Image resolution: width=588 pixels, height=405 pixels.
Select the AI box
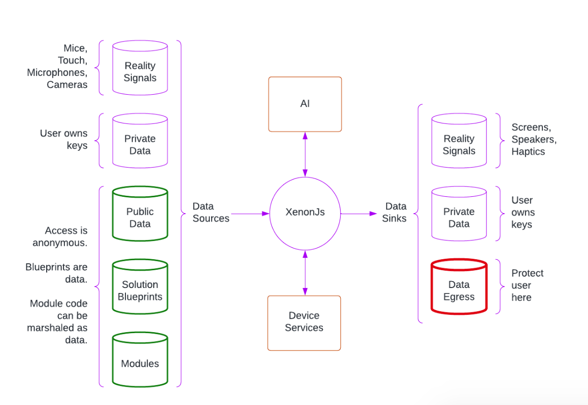305,104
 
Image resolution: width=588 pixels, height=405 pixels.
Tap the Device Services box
304,323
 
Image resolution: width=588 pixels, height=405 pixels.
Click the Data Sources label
211,212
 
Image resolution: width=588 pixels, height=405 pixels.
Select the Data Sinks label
396,212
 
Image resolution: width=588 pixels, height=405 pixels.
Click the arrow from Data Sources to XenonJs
250,214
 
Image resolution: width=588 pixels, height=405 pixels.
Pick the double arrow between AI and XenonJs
305,155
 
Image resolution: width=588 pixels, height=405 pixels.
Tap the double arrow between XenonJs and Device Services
305,273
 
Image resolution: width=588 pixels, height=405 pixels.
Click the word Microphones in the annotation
57,72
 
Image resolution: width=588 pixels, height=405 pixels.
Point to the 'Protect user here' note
527,285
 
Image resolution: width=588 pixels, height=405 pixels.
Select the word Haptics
528,152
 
